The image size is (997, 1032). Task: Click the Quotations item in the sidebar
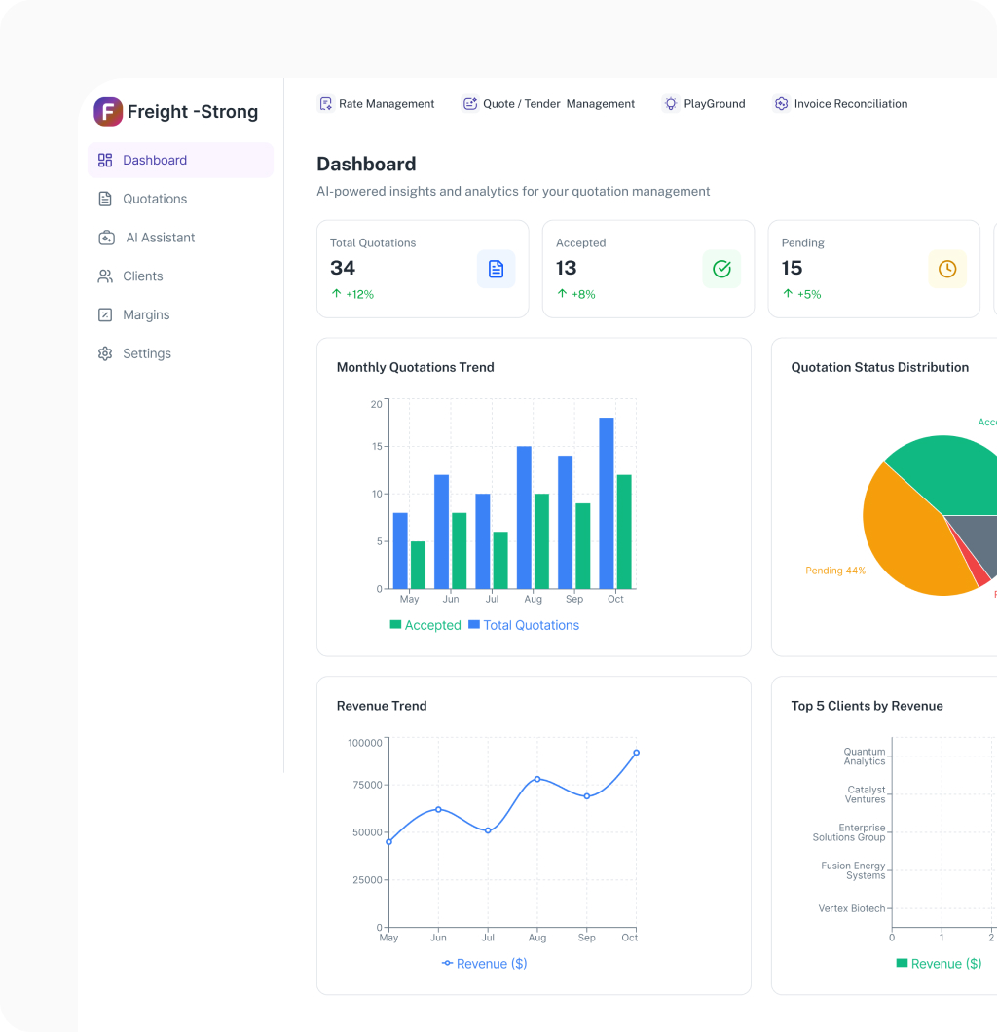tap(154, 199)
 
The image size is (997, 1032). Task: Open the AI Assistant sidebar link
tap(160, 238)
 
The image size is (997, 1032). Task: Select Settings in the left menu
tap(146, 353)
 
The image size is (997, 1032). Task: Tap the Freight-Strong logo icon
tap(108, 112)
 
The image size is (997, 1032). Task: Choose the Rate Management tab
tap(377, 104)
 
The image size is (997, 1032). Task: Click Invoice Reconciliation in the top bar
tap(841, 104)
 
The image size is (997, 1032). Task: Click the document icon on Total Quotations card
tap(496, 269)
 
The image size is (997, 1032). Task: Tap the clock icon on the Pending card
tap(947, 269)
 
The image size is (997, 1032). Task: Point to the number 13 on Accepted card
tap(567, 268)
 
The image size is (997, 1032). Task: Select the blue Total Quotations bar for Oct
tap(607, 502)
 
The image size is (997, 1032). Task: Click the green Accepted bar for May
tap(418, 565)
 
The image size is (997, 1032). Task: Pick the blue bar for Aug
tap(524, 517)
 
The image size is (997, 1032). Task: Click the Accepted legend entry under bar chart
tap(425, 625)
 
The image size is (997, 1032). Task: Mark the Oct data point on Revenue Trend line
tap(637, 753)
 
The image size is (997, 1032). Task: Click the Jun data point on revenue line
tap(438, 809)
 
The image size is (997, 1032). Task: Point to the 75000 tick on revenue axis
tap(366, 785)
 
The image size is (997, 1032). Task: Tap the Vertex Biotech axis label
tap(852, 908)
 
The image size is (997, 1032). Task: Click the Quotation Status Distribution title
tap(879, 367)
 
